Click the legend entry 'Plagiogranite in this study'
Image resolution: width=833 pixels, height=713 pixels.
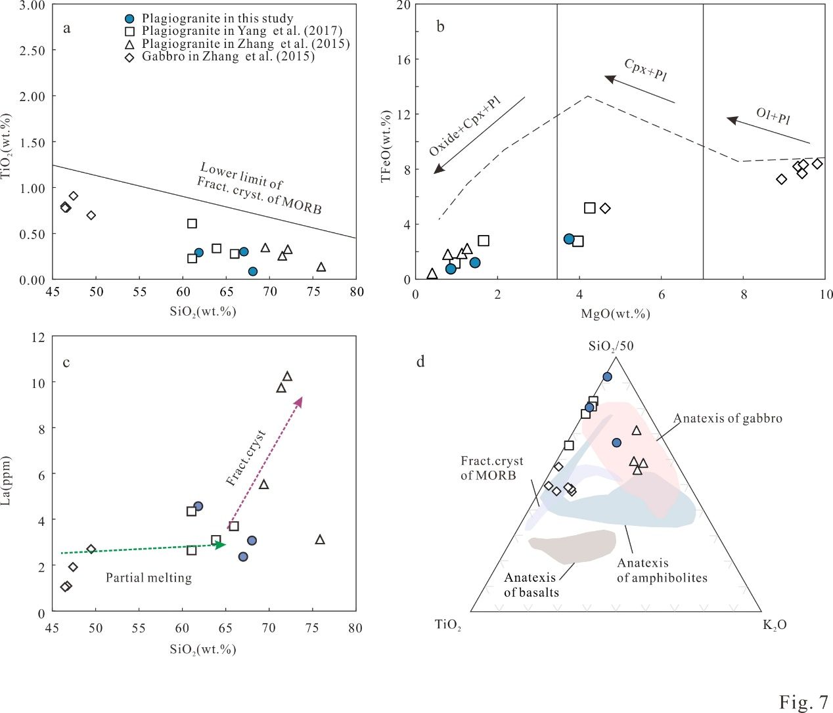[217, 18]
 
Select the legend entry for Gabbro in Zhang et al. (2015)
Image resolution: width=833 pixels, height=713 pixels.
[227, 56]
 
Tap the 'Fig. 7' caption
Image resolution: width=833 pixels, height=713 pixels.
[803, 702]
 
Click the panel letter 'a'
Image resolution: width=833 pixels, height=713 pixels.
[66, 28]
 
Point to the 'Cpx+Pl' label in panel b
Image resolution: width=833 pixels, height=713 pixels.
[645, 70]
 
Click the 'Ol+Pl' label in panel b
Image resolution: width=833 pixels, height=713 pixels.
[773, 116]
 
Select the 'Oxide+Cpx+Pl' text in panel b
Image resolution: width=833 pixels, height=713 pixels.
[465, 126]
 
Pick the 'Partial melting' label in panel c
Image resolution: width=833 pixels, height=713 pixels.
[148, 578]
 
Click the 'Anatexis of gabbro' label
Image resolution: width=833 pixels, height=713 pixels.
[727, 418]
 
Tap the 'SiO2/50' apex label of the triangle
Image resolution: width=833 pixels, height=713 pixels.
[610, 346]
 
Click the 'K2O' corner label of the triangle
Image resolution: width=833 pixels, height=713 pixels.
[774, 625]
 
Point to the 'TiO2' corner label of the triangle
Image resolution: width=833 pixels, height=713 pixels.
[448, 625]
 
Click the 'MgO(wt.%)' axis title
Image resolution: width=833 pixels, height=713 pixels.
[616, 314]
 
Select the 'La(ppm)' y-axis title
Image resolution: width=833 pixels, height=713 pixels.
[7, 481]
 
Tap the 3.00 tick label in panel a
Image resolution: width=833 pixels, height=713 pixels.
[32, 6]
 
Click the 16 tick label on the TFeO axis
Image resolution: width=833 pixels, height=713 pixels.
[403, 60]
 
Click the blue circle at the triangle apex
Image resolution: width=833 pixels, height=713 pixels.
[607, 377]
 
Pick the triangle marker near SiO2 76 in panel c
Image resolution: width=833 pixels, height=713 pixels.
[320, 540]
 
